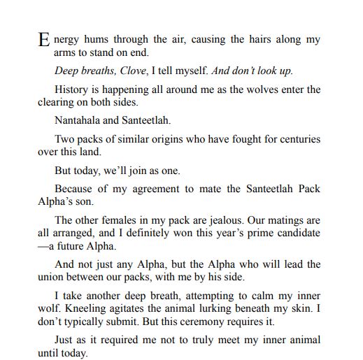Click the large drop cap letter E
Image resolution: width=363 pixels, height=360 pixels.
click(x=43, y=41)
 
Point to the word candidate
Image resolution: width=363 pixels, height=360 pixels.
click(x=295, y=232)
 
